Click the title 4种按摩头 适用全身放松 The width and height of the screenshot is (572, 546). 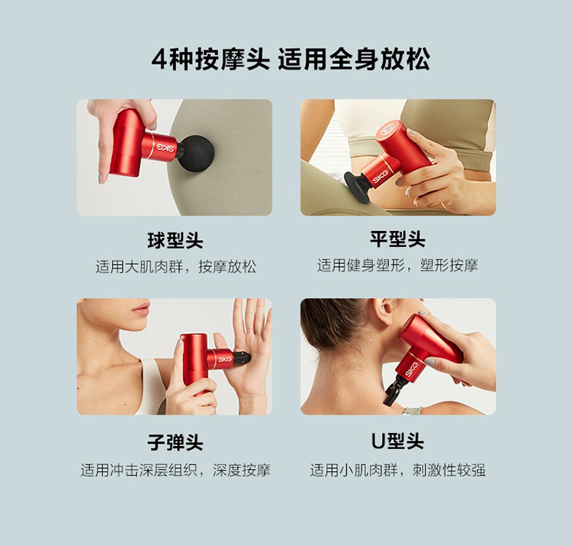coord(291,59)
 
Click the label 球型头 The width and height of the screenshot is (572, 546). coord(175,240)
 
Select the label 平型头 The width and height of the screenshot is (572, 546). coord(397,239)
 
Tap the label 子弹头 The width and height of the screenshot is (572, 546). coord(175,442)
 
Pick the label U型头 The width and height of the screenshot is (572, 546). coord(397,442)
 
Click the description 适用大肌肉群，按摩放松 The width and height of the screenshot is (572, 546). coord(176,267)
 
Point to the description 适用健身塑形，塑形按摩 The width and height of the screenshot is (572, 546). coord(397,265)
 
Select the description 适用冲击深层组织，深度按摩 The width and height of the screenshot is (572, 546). coord(175,471)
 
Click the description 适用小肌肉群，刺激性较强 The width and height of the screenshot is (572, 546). coord(397,471)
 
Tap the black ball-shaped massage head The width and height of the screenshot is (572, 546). coord(197,153)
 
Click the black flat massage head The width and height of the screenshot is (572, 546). coord(356,185)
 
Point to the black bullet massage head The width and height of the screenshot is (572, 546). coord(242,358)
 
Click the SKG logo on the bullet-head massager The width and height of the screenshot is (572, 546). coord(225,359)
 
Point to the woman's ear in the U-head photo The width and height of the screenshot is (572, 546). coord(387,311)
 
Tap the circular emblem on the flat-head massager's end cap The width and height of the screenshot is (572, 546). coord(387,130)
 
